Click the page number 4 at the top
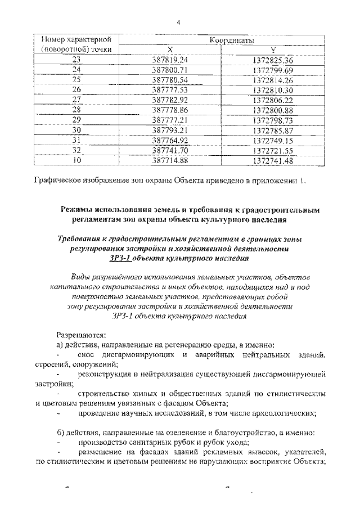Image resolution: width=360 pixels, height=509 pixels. click(178, 22)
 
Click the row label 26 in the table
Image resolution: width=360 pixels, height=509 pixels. click(76, 89)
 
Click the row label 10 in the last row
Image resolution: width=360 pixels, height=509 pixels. click(76, 160)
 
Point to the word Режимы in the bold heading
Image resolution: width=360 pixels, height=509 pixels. click(79, 209)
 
